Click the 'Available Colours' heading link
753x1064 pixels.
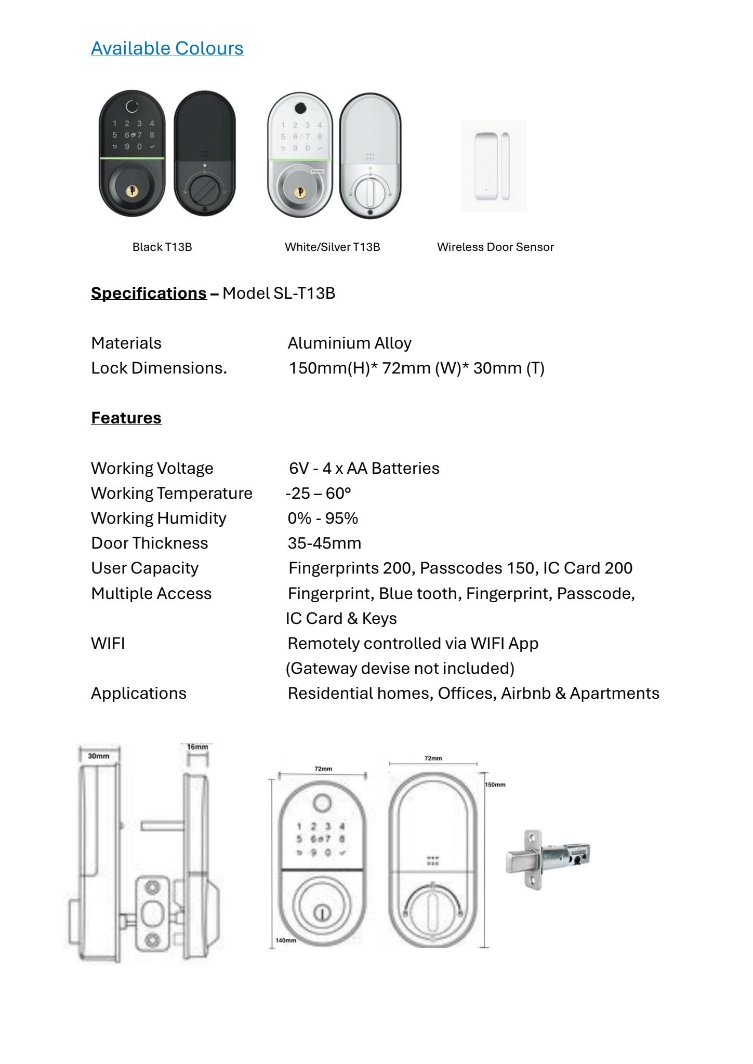pos(167,48)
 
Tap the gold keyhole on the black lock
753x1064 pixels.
pos(131,192)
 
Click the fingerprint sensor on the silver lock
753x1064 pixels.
pos(300,108)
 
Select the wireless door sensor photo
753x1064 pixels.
pos(493,166)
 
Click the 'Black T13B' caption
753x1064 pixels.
pos(162,247)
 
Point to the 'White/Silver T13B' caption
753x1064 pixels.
pos(332,247)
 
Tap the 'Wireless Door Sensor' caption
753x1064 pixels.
pos(495,247)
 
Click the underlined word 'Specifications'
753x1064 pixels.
pos(149,293)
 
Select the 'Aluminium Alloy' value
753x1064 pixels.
pos(349,343)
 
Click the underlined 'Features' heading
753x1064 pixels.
pos(126,418)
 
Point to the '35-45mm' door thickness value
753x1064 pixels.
pos(324,543)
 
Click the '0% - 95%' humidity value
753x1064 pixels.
pos(323,518)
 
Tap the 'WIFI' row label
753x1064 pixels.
pos(108,643)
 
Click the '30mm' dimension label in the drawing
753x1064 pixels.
pos(98,756)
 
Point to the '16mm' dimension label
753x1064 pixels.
pos(197,747)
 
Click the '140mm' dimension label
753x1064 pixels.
pos(285,940)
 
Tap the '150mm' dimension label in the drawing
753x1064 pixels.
pos(495,784)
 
